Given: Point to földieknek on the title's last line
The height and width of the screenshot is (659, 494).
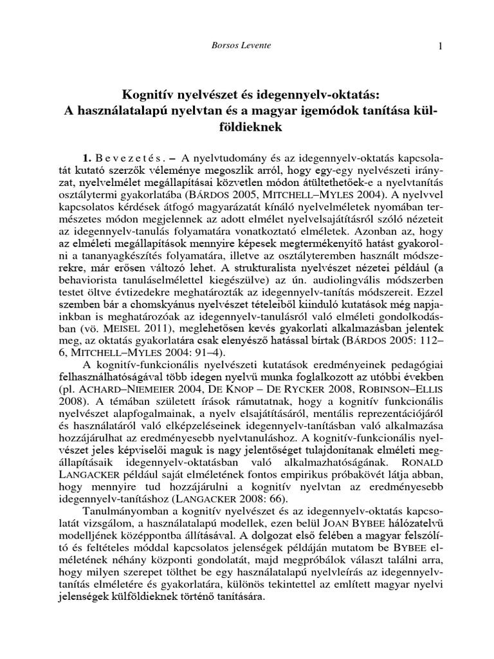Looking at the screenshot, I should [247, 127].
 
